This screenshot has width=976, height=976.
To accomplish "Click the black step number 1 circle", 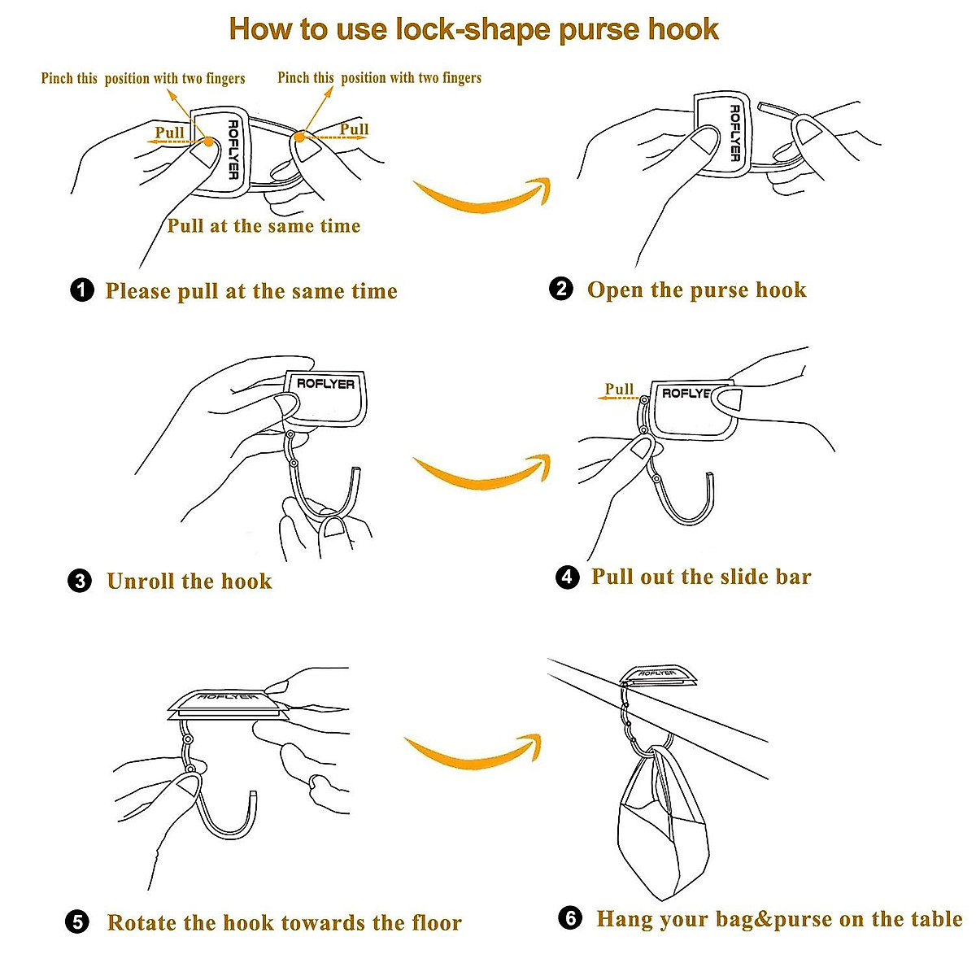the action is pyautogui.click(x=82, y=290).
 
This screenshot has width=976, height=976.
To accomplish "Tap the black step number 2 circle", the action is pyautogui.click(x=561, y=289).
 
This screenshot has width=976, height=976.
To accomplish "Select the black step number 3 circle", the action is pyautogui.click(x=80, y=581).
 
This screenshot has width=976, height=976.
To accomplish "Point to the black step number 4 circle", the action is pyautogui.click(x=568, y=577).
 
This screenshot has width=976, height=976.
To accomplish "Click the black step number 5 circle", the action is pyautogui.click(x=77, y=922).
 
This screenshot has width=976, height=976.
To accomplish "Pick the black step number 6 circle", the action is pyautogui.click(x=571, y=917).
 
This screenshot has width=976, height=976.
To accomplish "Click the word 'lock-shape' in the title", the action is pyautogui.click(x=473, y=29).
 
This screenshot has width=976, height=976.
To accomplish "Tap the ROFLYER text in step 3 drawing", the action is pyautogui.click(x=325, y=383).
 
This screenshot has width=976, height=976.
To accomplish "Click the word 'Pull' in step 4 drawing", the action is pyautogui.click(x=619, y=389).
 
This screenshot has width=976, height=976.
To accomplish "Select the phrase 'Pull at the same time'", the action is pyautogui.click(x=264, y=225).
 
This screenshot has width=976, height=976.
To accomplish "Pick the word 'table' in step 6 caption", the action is pyautogui.click(x=936, y=918).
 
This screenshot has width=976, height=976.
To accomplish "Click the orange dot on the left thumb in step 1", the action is pyautogui.click(x=208, y=142).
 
